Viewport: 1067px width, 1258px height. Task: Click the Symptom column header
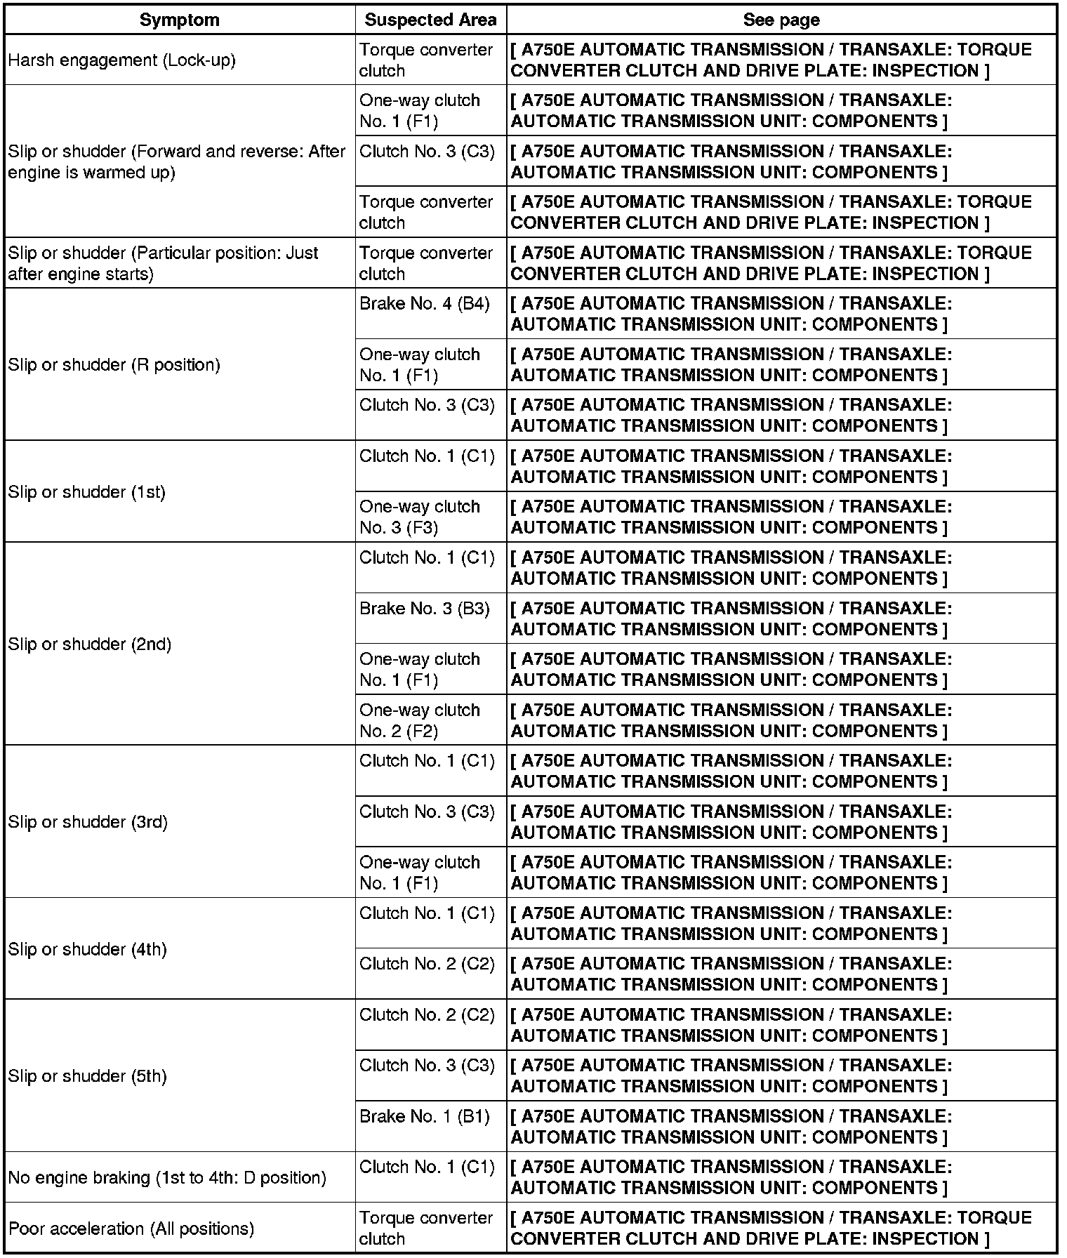(x=180, y=20)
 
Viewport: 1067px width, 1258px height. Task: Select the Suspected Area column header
(x=430, y=20)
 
